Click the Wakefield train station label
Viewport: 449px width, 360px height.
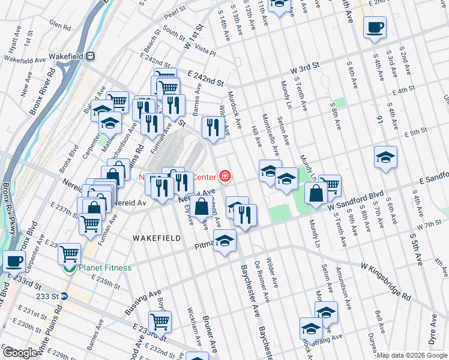65,56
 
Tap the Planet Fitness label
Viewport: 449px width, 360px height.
103,268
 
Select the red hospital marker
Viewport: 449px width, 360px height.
224,176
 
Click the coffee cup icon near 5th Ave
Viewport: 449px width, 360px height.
375,28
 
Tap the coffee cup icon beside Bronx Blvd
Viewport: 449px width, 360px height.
14,262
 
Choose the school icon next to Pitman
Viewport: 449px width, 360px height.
225,241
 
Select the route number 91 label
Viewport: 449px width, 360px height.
379,119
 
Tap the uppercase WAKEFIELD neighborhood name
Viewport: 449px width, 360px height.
157,238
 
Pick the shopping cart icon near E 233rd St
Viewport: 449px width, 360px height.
160,322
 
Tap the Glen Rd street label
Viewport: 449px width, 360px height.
61,25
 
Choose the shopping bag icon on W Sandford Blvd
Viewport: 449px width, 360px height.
316,194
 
